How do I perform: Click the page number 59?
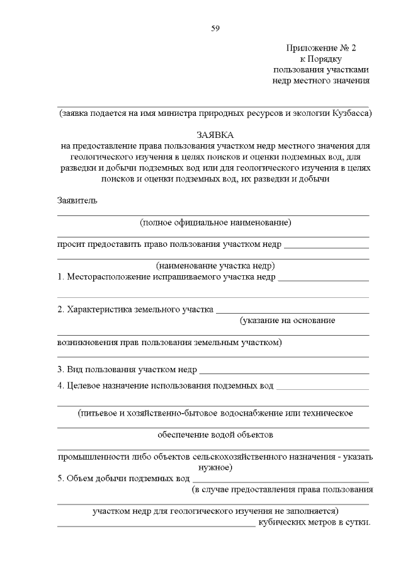click(215, 28)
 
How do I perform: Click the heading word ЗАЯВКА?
click(215, 135)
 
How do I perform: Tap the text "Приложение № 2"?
click(321, 48)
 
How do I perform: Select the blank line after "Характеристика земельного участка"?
click(292, 311)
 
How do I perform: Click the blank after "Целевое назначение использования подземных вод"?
click(323, 387)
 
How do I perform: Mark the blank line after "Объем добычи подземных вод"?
click(281, 480)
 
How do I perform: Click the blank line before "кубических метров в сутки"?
click(156, 525)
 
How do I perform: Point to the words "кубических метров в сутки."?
click(314, 523)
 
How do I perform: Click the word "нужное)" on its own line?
click(215, 467)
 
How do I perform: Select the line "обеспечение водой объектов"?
click(215, 435)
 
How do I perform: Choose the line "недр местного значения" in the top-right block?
click(321, 81)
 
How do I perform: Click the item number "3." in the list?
click(61, 369)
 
